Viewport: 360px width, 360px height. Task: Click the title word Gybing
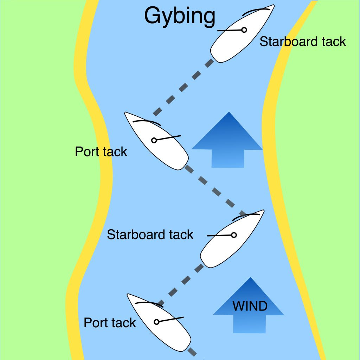coord(180,16)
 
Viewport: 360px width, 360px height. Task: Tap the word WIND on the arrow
coord(250,306)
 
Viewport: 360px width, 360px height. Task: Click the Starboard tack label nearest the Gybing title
coord(303,41)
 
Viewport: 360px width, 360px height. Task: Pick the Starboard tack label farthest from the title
coord(150,234)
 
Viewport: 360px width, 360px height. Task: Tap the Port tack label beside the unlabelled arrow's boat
coord(101,152)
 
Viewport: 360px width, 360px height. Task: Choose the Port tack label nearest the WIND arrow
coord(110,323)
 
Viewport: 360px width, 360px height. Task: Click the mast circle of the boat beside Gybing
coord(244,30)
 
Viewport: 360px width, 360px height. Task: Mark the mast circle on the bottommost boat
coord(157,322)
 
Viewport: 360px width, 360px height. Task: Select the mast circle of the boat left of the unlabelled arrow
coord(154,140)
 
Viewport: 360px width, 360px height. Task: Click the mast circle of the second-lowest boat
coord(234,235)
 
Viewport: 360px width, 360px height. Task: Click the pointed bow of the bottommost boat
coord(128,294)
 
